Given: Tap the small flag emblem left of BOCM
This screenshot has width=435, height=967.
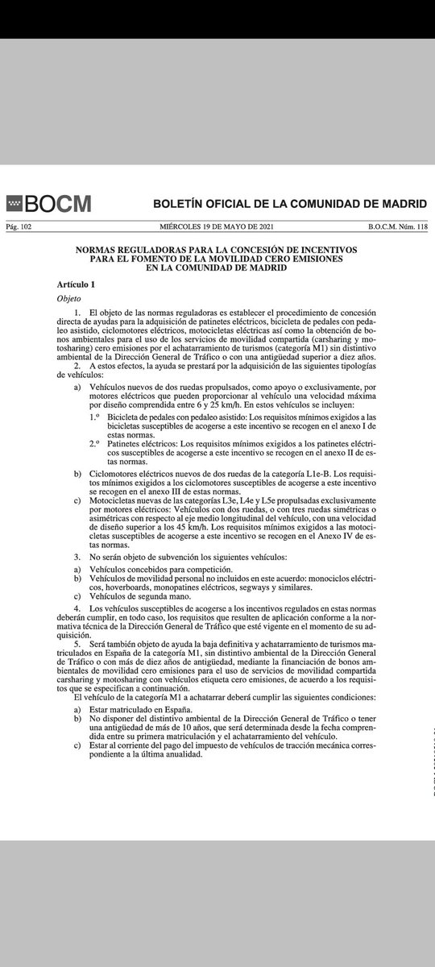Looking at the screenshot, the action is pos(14,203).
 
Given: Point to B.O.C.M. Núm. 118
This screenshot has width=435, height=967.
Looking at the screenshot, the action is pos(396,227).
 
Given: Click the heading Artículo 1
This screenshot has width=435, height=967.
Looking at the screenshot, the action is pos(76,284).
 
